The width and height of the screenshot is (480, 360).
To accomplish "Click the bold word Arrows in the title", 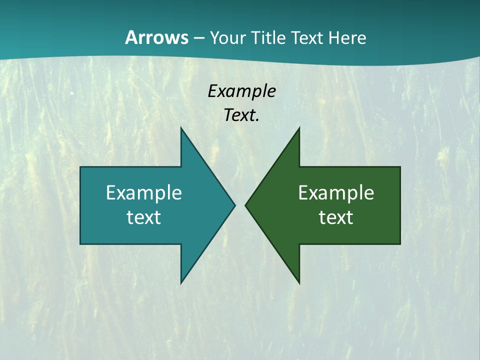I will coord(156,37).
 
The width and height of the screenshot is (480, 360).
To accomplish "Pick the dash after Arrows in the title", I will coord(198,38).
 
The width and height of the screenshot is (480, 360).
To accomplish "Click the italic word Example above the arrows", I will coord(241,91).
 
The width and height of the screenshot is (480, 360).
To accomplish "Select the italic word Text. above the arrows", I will coord(241,115).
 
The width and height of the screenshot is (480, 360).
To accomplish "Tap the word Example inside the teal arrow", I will coord(144,193).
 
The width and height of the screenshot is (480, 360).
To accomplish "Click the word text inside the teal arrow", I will coord(144,217).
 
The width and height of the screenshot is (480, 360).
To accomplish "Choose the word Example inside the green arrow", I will coord(336,193).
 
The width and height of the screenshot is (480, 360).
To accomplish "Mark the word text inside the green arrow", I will coord(336,217).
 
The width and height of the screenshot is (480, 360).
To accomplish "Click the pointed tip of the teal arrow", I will coord(235,205).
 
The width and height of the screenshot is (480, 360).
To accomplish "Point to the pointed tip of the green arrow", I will coord(245,205).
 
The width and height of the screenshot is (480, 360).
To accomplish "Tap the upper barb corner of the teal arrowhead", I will coord(181,127).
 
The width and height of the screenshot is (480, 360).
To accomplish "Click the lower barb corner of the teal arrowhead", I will coord(181,283).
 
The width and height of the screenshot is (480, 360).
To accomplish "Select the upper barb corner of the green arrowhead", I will coord(299,127).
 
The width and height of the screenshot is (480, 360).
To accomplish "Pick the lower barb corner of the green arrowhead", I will coord(299,283).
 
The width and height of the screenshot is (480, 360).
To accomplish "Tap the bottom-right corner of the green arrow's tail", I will coord(400,244).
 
